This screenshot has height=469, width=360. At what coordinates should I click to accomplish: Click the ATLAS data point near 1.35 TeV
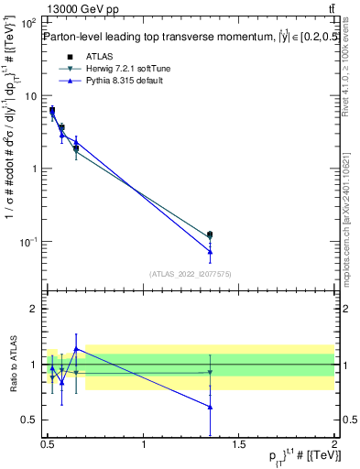tap(210, 235)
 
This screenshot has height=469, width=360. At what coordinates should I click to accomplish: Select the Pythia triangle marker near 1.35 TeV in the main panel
tap(210, 251)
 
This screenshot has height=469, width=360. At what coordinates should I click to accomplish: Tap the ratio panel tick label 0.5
tap(30, 420)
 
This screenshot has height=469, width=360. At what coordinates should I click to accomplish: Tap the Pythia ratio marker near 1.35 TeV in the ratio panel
tap(210, 407)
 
